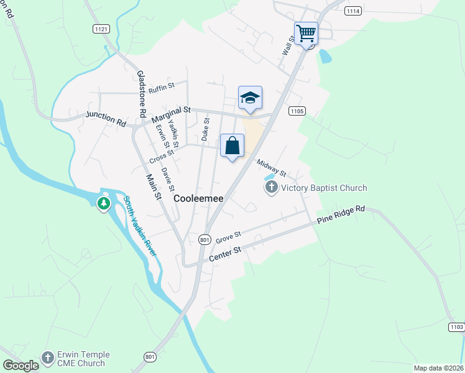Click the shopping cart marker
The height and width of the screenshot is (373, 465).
306,33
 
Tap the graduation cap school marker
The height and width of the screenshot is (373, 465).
250,98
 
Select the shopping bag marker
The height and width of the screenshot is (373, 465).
232,146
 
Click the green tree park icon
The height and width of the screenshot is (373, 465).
104,203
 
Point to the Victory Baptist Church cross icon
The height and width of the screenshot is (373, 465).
271,188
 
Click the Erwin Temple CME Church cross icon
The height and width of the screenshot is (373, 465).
48,357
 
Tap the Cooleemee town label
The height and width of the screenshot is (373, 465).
198,199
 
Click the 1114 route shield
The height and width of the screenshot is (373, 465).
353,11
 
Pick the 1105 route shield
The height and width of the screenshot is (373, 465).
297,111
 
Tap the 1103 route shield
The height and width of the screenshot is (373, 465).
456,326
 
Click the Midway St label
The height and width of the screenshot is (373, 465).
271,167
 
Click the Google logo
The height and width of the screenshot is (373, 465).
21,366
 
